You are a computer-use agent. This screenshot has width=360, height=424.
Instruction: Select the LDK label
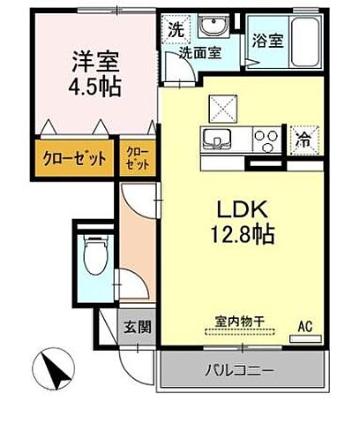point(240,211)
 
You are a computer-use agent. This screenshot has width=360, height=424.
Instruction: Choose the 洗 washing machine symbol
point(176,28)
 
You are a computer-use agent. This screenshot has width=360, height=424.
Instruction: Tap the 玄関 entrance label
point(138,327)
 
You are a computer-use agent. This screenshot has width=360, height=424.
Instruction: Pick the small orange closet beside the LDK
point(139,159)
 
